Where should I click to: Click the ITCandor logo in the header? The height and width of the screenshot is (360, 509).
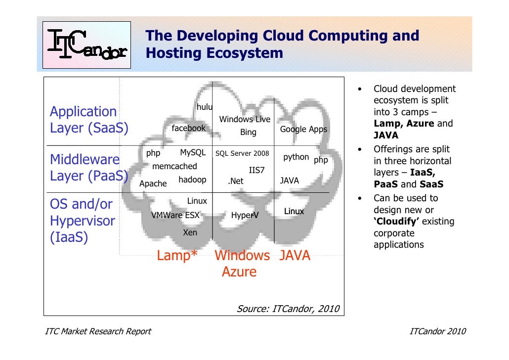coord(86,45)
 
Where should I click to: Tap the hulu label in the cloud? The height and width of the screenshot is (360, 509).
coord(204,107)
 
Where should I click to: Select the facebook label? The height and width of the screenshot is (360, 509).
coord(188,128)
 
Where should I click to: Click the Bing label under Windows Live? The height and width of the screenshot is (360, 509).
coord(248,132)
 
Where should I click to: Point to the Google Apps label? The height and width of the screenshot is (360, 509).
coord(303,130)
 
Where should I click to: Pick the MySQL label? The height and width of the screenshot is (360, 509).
coord(193,152)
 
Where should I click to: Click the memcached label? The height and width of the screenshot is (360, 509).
coord(174,167)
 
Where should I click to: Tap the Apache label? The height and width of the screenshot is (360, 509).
coord(153,183)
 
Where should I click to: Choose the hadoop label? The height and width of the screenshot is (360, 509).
coord(192,180)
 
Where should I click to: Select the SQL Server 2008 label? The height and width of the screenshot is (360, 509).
coord(242,153)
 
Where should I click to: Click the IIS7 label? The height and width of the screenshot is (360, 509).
coord(256,170)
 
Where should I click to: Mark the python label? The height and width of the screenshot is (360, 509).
coord(296,157)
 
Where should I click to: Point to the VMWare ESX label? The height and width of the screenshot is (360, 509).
coord(175,215)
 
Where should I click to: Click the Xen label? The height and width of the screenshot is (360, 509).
coord(190,232)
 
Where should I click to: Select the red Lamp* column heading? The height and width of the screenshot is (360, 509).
coord(177,256)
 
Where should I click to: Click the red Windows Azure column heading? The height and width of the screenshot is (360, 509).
coord(242,264)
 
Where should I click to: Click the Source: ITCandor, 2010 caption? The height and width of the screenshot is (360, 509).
coord(288,309)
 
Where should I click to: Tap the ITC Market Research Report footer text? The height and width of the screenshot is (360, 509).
coord(98,331)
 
